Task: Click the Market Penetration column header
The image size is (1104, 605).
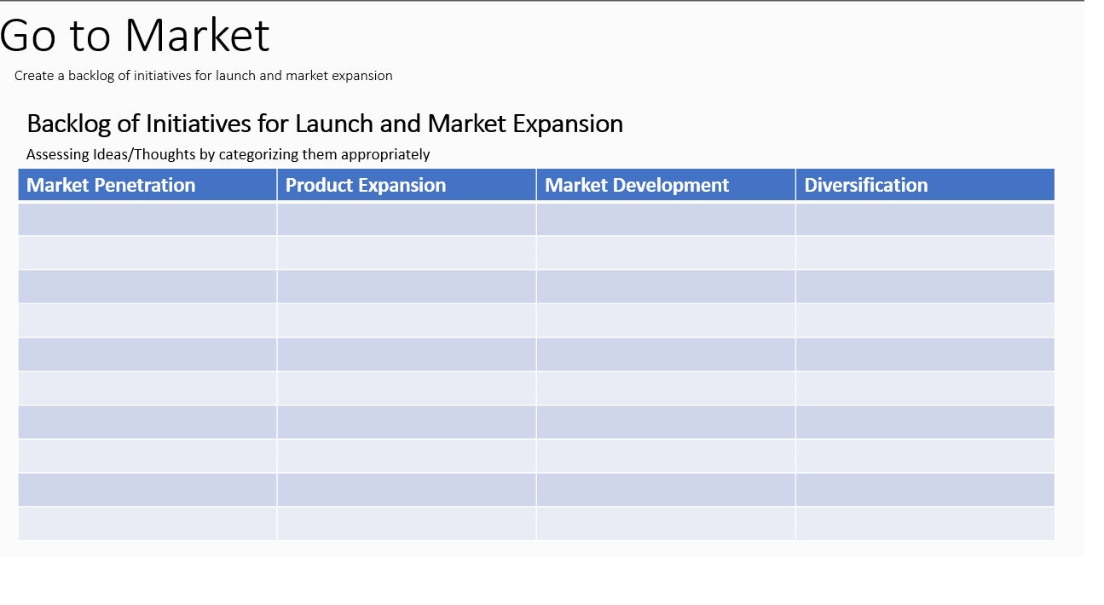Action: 111,185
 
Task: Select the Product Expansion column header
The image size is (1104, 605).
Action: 366,185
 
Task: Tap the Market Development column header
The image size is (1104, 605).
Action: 637,185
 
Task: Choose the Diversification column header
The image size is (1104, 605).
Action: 866,185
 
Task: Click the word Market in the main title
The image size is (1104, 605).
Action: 197,36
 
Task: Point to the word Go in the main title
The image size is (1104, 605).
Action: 27,36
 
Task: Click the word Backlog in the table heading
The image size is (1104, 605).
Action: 69,124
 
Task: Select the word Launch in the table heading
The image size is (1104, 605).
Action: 333,124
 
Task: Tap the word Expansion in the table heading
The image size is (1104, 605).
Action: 568,124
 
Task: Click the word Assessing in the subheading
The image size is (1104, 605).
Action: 58,155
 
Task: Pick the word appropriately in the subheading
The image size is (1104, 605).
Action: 385,155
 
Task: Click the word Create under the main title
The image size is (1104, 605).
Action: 34,75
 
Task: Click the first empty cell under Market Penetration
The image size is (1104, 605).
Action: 147,219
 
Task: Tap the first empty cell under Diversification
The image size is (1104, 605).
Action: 925,219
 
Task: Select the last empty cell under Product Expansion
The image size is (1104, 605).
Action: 407,524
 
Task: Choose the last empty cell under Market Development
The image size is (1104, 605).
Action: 666,524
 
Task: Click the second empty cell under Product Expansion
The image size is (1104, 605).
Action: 407,253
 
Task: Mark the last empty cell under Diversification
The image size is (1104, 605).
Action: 925,524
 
